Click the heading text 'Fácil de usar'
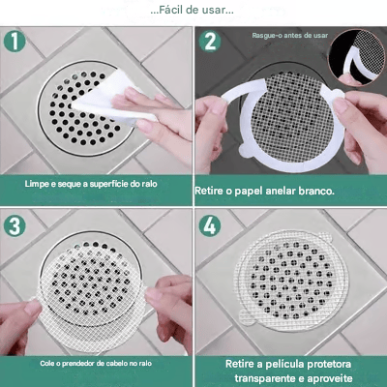[x=192, y=11]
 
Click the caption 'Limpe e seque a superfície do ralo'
[x=96, y=183]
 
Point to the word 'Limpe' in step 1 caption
[x=35, y=183]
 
